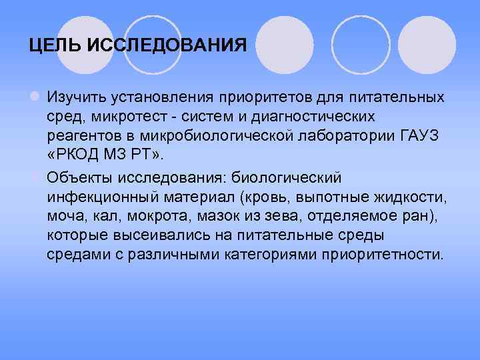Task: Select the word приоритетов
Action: [x=257, y=97]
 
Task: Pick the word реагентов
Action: [x=79, y=136]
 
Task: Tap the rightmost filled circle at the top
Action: [x=431, y=44]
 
